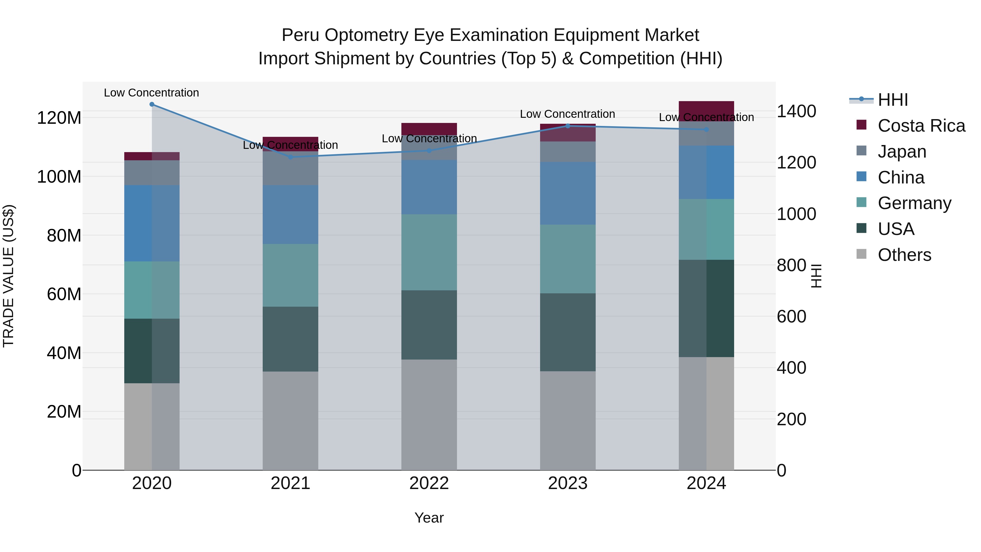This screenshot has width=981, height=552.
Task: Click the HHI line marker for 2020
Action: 152,104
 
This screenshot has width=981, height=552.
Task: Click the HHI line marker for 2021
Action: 290,157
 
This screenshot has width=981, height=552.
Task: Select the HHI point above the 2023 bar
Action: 568,126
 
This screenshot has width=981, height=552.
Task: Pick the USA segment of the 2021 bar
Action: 290,339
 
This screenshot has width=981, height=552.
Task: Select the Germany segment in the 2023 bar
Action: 568,259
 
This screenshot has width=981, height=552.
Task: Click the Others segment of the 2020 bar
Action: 152,427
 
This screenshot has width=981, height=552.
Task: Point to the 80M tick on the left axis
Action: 63,236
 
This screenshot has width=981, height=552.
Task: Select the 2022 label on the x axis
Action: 429,483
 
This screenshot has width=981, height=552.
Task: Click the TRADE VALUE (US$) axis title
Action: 8,276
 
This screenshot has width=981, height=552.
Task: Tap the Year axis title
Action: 429,518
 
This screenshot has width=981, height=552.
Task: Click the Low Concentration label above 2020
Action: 152,93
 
